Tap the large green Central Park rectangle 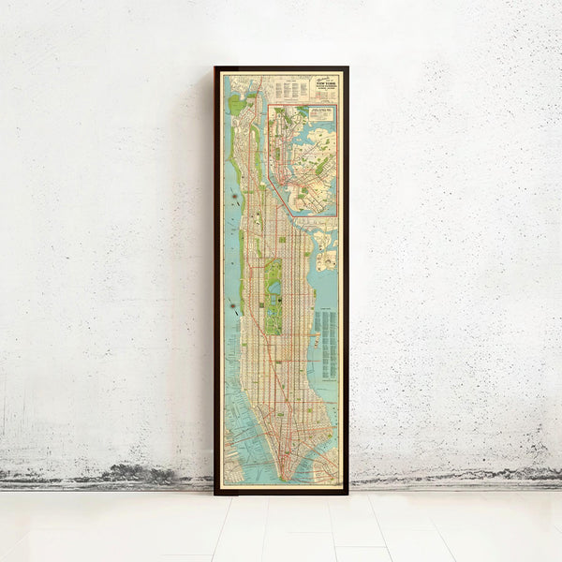click(x=274, y=296)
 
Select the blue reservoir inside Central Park click(x=274, y=281)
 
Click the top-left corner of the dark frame click(x=215, y=67)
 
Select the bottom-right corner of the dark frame click(x=347, y=493)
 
